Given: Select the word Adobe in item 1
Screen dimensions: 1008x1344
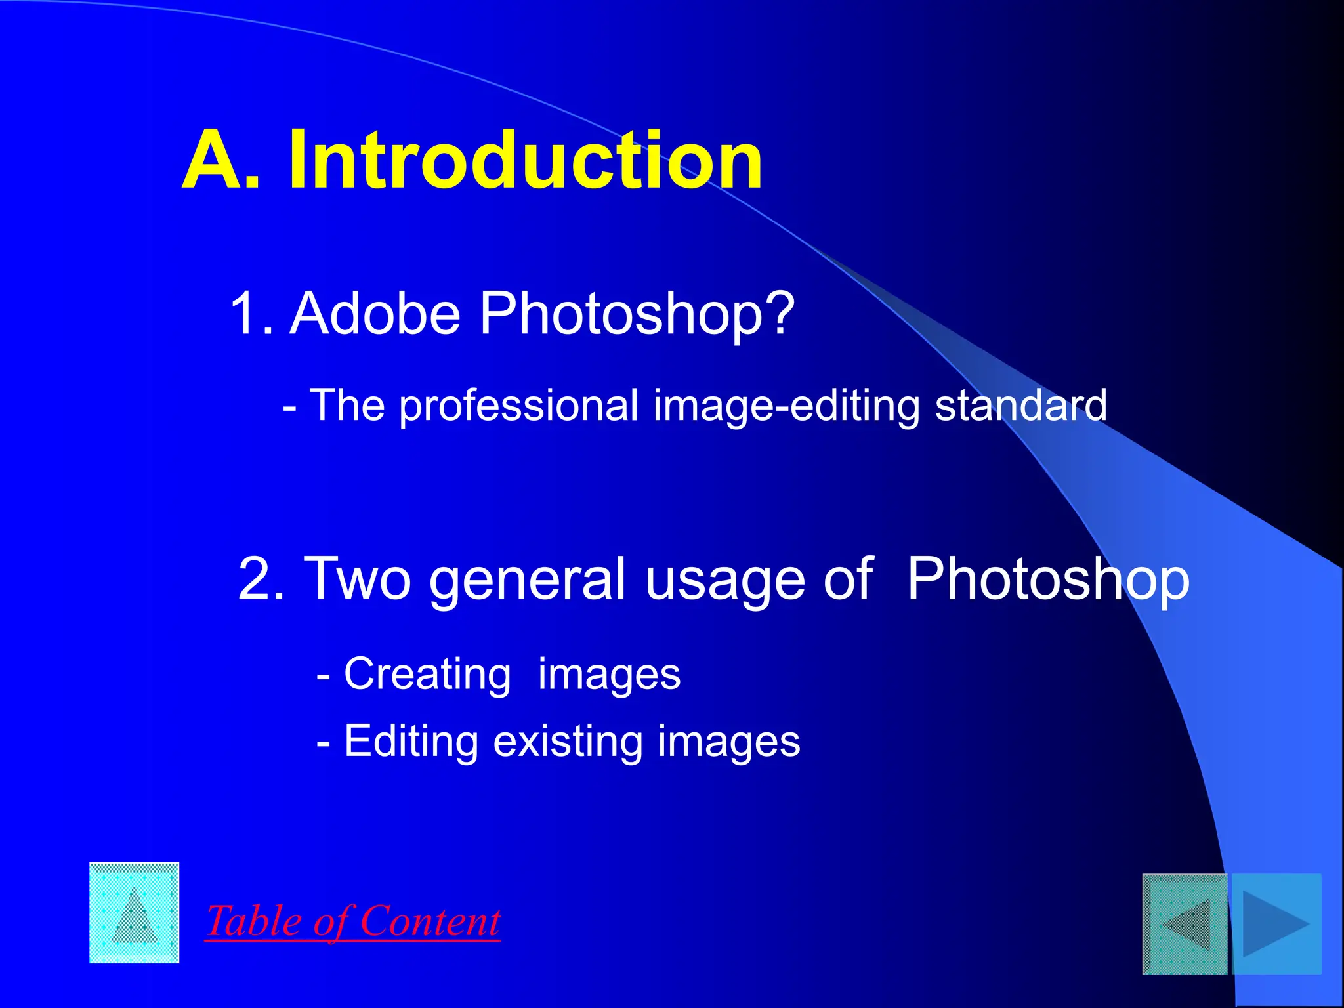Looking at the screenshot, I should click(375, 313).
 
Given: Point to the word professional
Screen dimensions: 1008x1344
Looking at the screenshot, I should click(518, 406).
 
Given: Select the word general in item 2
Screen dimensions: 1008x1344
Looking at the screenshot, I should click(528, 579).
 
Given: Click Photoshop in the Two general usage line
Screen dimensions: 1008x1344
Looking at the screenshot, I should click(1048, 579).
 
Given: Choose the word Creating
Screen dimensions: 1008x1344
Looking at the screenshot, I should click(427, 674).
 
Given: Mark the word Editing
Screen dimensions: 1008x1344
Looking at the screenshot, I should click(411, 742).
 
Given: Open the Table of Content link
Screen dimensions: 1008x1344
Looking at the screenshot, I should click(353, 921).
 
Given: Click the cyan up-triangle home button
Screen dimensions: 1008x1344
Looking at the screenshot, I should click(135, 913).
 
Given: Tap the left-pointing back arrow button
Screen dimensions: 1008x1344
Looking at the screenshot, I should click(1185, 924).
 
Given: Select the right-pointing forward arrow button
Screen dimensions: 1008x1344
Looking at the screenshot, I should click(1276, 924).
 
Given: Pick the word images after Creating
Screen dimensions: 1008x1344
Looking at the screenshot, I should click(609, 675).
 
